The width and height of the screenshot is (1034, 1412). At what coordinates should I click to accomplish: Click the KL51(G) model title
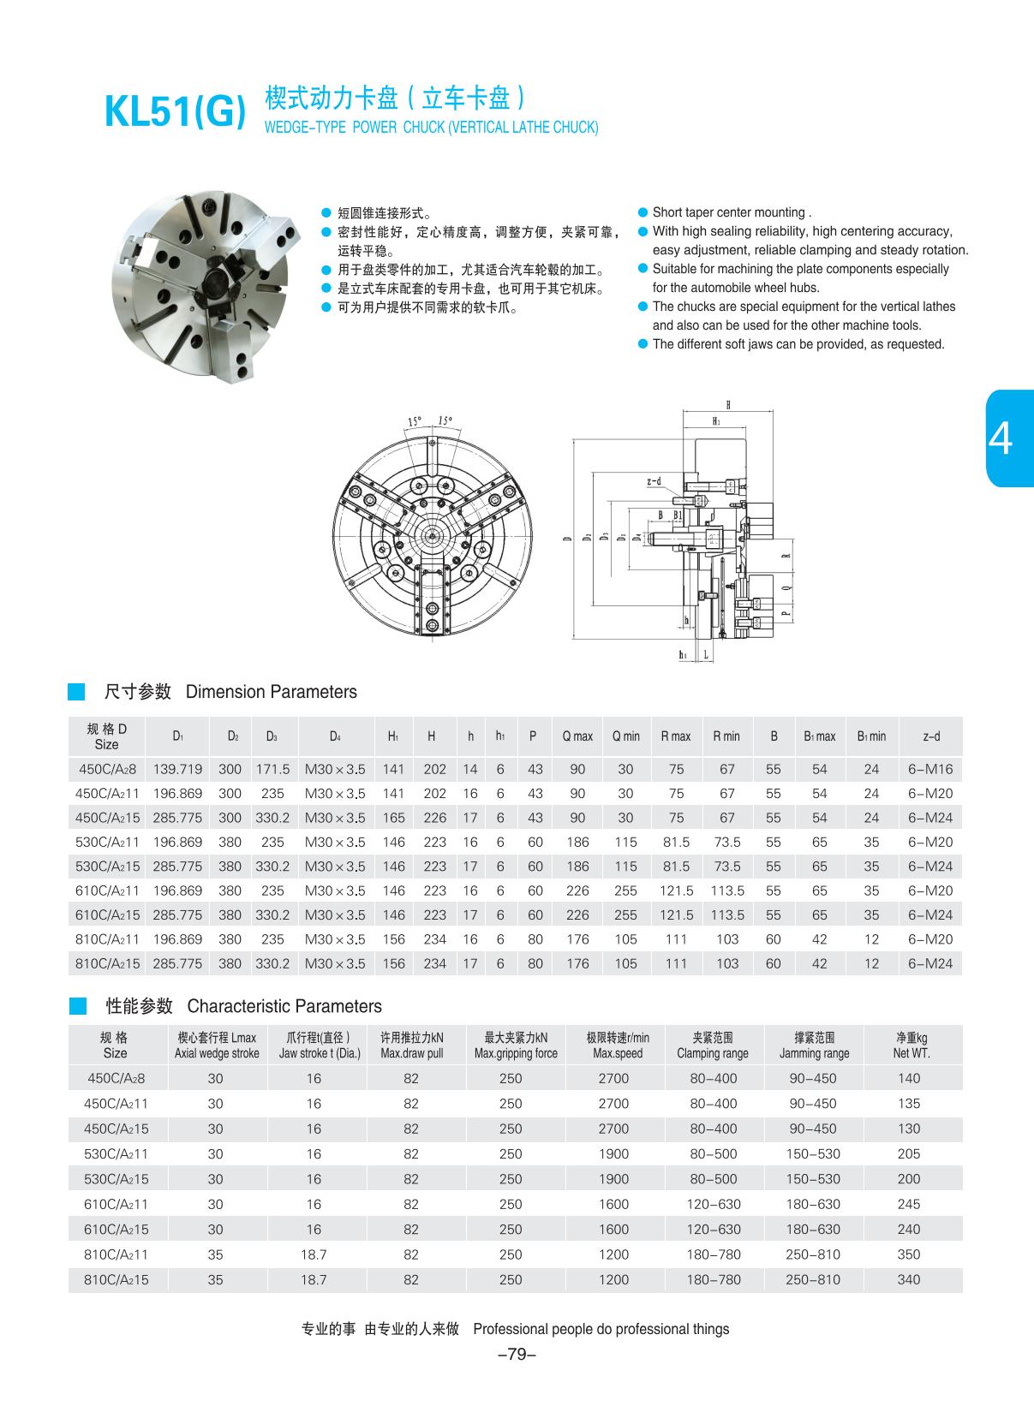[175, 113]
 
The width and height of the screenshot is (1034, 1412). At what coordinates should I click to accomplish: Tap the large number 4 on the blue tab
[1000, 438]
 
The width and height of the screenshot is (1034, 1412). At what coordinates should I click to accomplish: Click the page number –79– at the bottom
[517, 1354]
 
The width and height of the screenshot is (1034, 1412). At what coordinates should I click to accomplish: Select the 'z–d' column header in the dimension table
[930, 736]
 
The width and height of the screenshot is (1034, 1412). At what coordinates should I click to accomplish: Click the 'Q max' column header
[577, 736]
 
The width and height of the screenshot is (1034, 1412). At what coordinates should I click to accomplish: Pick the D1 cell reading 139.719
[177, 769]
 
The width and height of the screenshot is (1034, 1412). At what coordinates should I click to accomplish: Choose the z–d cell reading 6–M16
[930, 769]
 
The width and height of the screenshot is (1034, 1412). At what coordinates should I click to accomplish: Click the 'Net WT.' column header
[910, 1046]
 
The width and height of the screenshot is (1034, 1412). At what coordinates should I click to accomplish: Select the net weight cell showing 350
[909, 1254]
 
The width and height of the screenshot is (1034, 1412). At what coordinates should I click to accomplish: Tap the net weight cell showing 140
[909, 1078]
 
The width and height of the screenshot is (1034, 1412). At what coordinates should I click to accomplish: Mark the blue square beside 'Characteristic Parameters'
[77, 1005]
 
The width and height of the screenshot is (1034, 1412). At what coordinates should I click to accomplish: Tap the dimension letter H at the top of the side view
[728, 405]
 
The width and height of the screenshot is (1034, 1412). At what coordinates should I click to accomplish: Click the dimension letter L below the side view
[705, 655]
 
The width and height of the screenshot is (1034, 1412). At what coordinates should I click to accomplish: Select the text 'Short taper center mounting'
[731, 212]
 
